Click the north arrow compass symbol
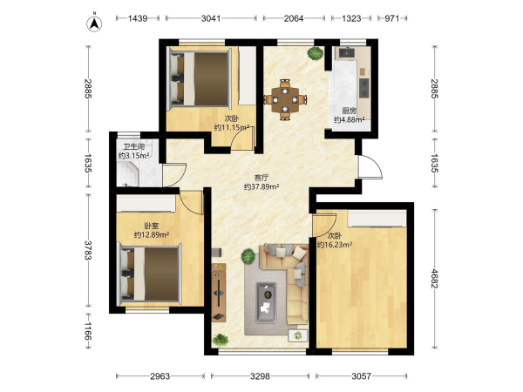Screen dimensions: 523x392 coord(94,24)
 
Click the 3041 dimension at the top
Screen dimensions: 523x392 coord(211,18)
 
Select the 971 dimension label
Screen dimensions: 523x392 coord(392,18)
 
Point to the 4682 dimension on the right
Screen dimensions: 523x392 coord(434,279)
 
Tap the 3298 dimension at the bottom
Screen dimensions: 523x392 coord(260,376)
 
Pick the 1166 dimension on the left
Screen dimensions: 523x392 coord(88,331)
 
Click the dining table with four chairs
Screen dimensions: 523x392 coord(285,99)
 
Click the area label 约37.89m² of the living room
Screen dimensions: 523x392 coord(261,187)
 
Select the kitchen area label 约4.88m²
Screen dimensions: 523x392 coord(349,119)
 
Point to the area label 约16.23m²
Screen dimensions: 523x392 coord(335,245)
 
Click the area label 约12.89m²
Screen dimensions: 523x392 coord(152,235)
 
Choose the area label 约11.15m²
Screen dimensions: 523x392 coord(232,127)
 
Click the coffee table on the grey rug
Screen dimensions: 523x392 coord(266,303)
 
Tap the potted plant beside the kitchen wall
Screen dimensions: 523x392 coord(316,53)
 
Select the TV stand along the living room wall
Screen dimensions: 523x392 coord(219,293)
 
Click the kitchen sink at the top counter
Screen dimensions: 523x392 coord(348,52)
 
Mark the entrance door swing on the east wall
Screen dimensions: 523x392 coord(370,167)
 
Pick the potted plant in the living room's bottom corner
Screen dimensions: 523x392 coord(221,340)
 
